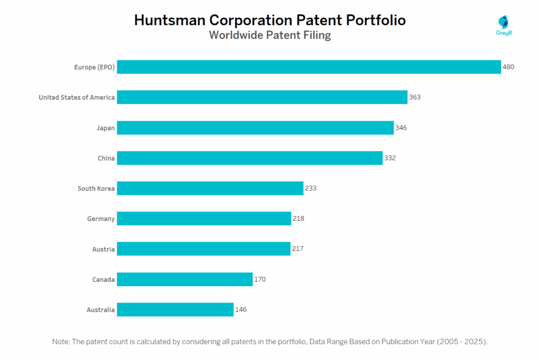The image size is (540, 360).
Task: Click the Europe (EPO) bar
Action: point(308,67)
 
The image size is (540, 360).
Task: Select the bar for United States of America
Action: point(262,97)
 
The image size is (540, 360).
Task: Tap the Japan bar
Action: point(255,128)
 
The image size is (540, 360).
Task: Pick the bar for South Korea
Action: point(210,188)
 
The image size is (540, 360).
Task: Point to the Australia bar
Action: point(175,309)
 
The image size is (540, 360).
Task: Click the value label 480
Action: point(508,67)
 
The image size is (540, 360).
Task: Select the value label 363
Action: point(414,97)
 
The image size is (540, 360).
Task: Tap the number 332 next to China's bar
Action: point(390,158)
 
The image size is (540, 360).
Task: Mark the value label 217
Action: point(297,249)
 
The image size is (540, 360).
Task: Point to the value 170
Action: point(259,279)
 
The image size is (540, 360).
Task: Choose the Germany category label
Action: point(101,218)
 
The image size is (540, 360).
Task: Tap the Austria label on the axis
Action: point(103,249)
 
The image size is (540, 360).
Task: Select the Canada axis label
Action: point(103,279)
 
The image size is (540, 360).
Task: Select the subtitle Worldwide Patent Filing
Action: point(269,35)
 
